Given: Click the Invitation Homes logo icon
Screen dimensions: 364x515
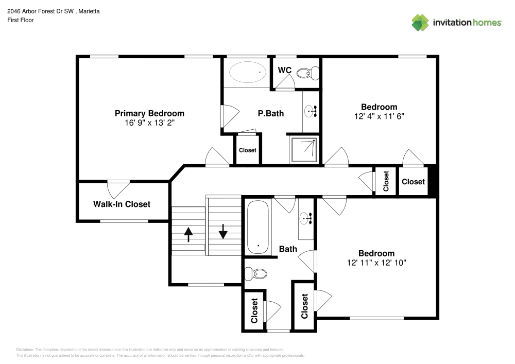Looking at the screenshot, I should pyautogui.click(x=420, y=22).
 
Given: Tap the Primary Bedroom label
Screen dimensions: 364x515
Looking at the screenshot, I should pyautogui.click(x=149, y=113).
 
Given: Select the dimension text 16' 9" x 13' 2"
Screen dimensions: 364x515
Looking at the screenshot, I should pyautogui.click(x=149, y=124).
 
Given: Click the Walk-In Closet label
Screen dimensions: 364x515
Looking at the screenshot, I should pyautogui.click(x=122, y=204).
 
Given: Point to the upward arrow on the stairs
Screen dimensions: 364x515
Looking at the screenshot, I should pyautogui.click(x=188, y=234).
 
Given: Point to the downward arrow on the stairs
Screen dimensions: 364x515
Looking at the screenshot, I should pyautogui.click(x=223, y=231).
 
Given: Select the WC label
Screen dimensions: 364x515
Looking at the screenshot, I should pyautogui.click(x=284, y=70).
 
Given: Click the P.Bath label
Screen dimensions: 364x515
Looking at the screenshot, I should pyautogui.click(x=271, y=113).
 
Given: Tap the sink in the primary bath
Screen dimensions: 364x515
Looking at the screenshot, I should pyautogui.click(x=311, y=110).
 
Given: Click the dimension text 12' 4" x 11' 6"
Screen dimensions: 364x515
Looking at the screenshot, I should pyautogui.click(x=379, y=116).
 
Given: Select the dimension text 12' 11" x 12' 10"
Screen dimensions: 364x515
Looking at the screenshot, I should pyautogui.click(x=376, y=263).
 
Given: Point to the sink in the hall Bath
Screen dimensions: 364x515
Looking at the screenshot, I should pyautogui.click(x=307, y=218).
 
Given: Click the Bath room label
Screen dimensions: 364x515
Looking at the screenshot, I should pyautogui.click(x=288, y=249).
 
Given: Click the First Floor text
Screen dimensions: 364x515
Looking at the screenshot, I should pyautogui.click(x=21, y=20).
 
